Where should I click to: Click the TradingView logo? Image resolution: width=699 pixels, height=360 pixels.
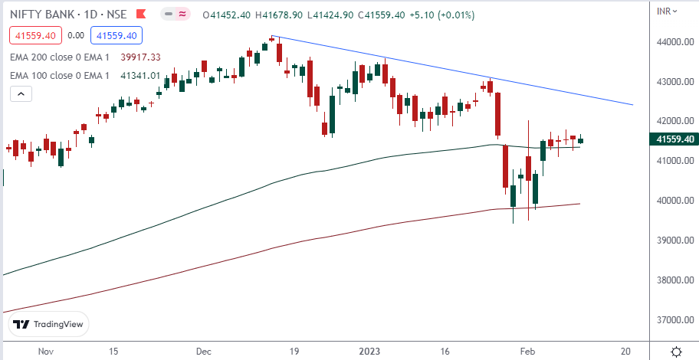tap(48, 325)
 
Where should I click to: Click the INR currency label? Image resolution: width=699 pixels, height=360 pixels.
tap(665, 10)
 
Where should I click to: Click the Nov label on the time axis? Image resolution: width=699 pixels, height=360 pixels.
tap(45, 351)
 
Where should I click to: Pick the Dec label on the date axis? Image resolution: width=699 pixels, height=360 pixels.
tap(203, 351)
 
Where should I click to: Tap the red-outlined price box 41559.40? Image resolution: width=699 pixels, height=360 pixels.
tap(31, 35)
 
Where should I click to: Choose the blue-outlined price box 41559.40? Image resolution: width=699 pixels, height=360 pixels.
tap(113, 35)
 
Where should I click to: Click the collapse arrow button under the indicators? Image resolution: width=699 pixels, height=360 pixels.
tap(21, 93)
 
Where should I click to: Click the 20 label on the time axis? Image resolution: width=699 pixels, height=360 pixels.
tap(625, 351)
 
